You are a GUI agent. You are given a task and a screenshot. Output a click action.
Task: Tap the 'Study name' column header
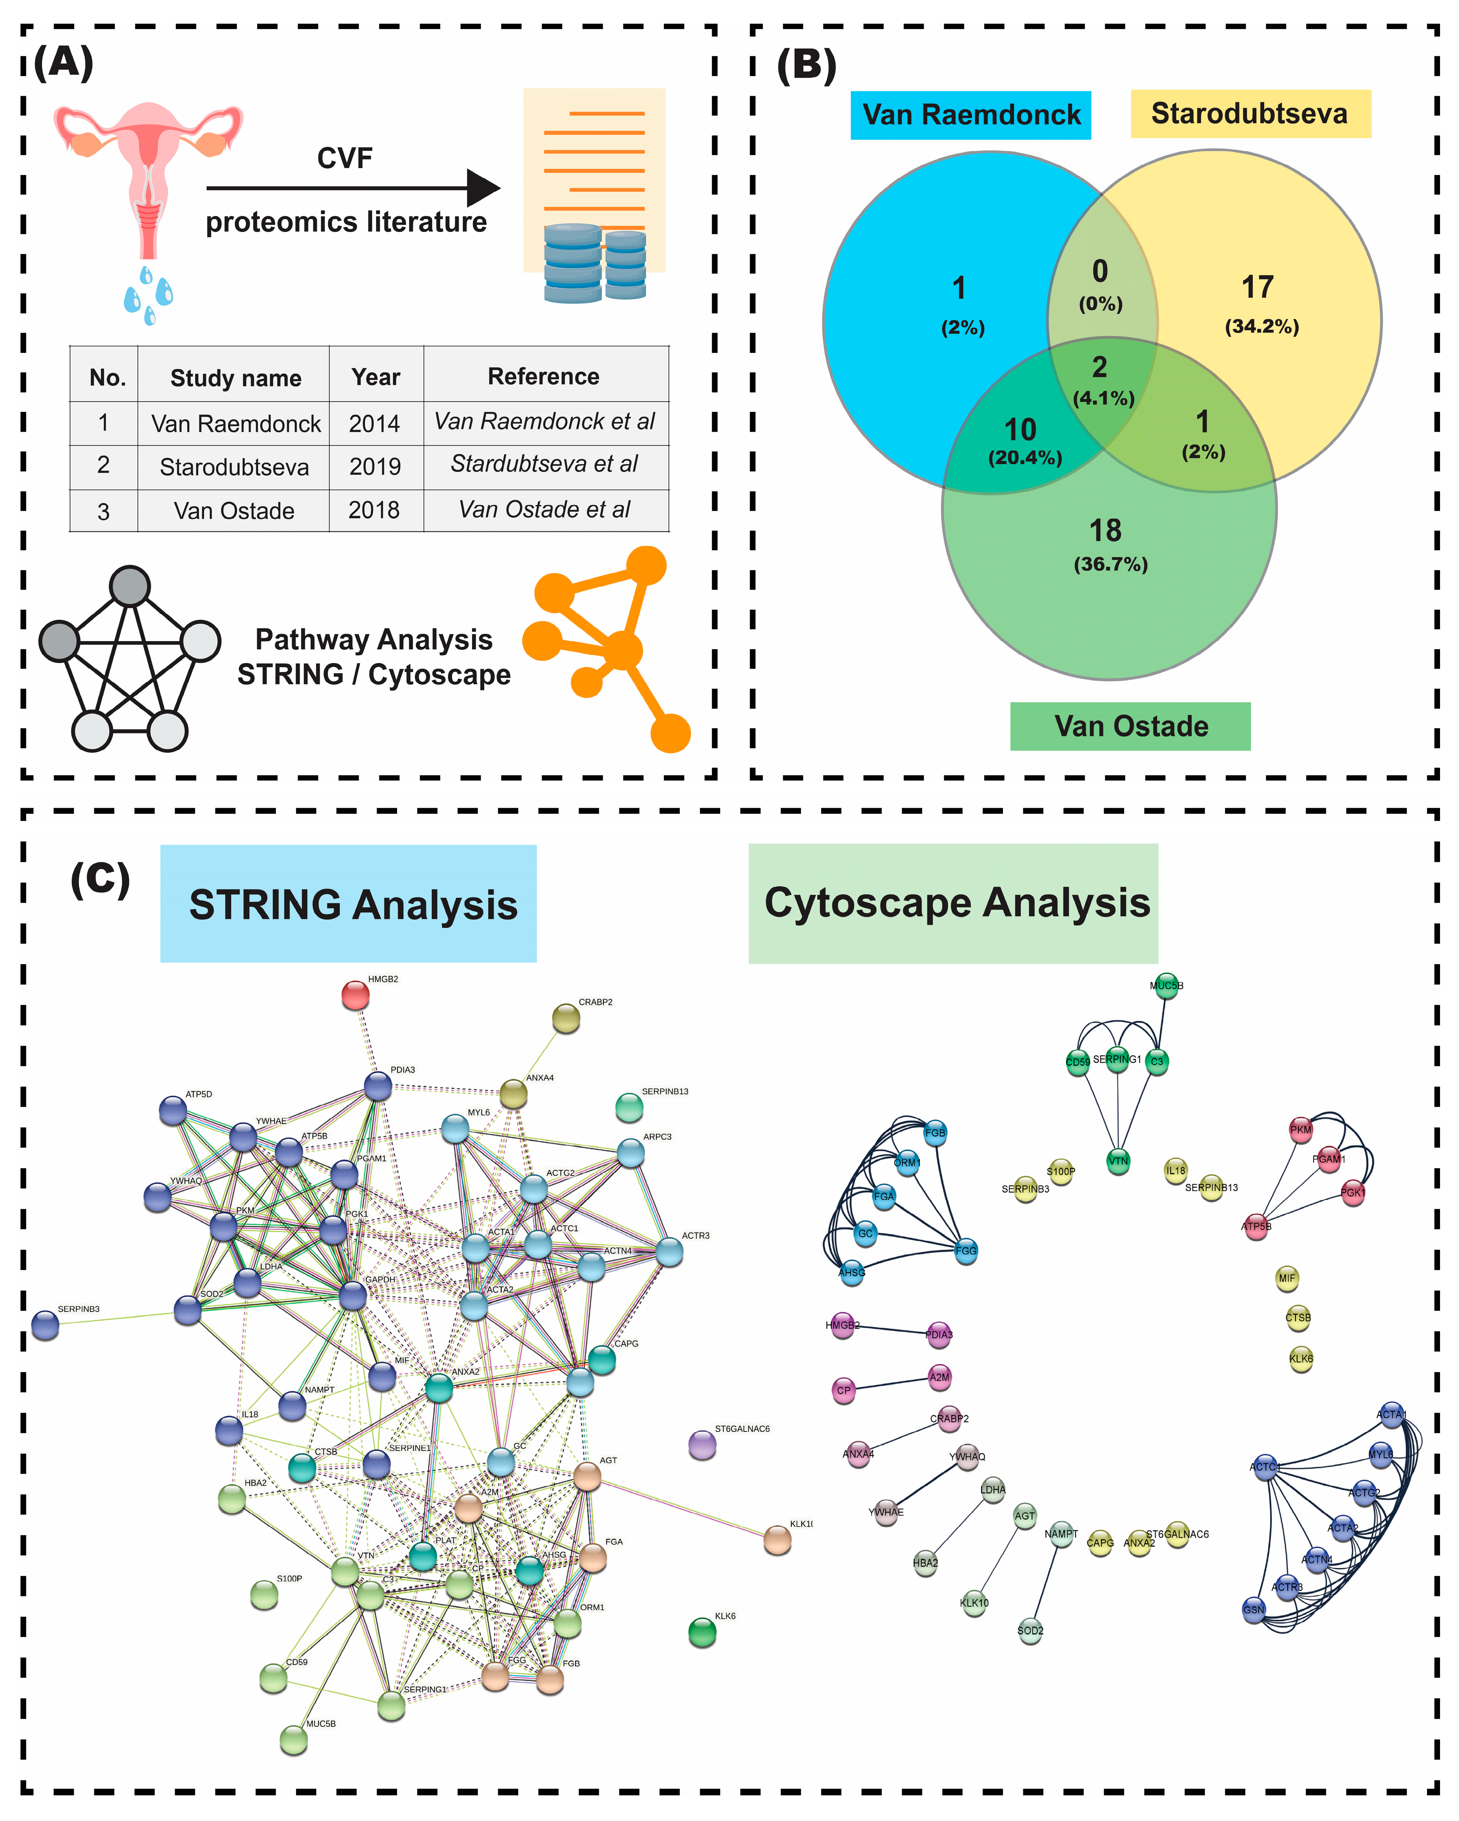tap(236, 378)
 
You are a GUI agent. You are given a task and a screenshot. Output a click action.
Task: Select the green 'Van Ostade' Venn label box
tap(1130, 725)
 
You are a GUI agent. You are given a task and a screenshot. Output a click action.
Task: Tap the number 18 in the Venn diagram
tap(1105, 531)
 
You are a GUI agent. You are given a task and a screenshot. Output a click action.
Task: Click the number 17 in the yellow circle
tap(1257, 287)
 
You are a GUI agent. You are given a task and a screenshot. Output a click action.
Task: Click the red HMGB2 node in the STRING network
tap(356, 995)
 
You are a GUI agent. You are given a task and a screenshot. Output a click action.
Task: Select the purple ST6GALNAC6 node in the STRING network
tap(702, 1444)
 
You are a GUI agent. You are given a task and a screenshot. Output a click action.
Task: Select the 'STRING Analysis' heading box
tap(348, 904)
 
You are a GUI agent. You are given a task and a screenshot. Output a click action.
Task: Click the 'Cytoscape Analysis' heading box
tap(953, 903)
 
